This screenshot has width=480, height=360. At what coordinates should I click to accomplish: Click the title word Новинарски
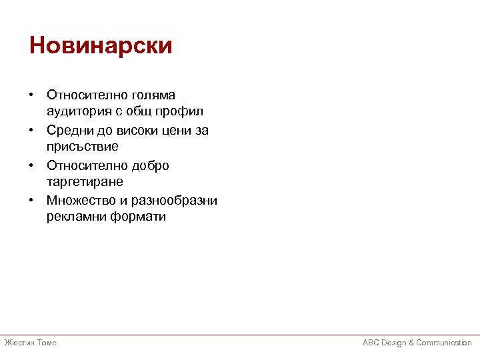tap(101, 46)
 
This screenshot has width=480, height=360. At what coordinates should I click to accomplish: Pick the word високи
tap(127, 131)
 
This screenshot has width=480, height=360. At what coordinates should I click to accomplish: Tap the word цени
tap(171, 131)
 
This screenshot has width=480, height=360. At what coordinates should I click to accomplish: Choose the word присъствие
tap(83, 146)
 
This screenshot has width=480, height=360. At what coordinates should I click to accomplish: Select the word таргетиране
tap(85, 181)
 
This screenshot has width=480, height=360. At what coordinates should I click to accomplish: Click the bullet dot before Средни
tap(32, 131)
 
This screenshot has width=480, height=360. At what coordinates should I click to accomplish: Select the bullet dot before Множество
tap(32, 201)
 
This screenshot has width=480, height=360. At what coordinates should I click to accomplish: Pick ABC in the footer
tap(371, 343)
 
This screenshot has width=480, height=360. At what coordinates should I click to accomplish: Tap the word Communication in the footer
tap(444, 343)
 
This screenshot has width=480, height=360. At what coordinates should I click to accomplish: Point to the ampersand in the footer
tap(411, 343)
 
